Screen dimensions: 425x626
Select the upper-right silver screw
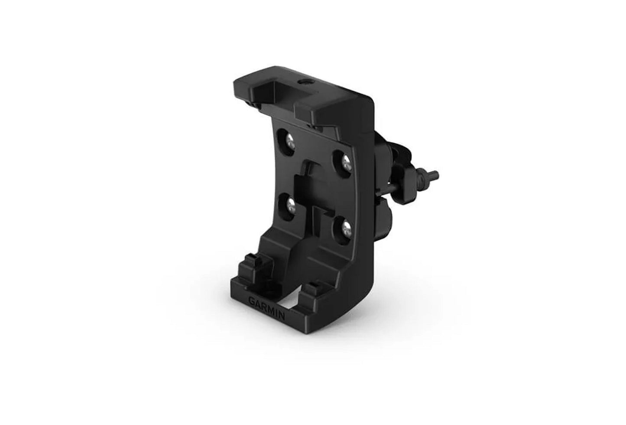345,163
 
